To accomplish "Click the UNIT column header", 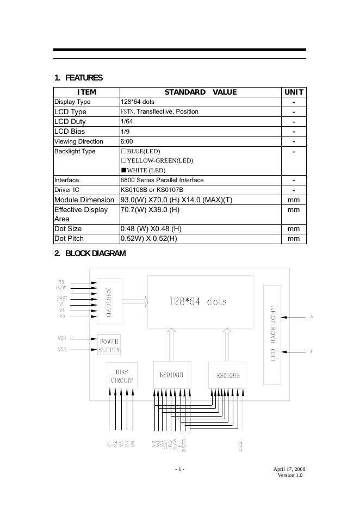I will pyautogui.click(x=294, y=92).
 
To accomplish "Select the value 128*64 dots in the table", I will pyautogui.click(x=137, y=102).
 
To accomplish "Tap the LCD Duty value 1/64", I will pyautogui.click(x=127, y=121).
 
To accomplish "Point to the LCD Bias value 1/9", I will pyautogui.click(x=125, y=132).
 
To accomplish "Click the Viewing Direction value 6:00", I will pyautogui.click(x=127, y=141).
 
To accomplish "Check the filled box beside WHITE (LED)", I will pyautogui.click(x=123, y=170).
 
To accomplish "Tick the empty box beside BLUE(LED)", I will pyautogui.click(x=123, y=151).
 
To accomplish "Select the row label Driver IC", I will pyautogui.click(x=67, y=190).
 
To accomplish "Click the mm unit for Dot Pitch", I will pyautogui.click(x=294, y=239).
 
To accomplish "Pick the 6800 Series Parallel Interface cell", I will pyautogui.click(x=162, y=180).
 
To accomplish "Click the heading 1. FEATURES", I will pyautogui.click(x=78, y=78).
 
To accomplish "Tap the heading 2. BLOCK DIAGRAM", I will pyautogui.click(x=90, y=253).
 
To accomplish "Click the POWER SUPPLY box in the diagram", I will pyautogui.click(x=109, y=346).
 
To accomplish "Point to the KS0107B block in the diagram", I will pyautogui.click(x=109, y=302).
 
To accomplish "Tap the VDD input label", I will pyautogui.click(x=62, y=338).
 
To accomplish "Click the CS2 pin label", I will pyautogui.click(x=240, y=445).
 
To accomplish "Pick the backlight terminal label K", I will pyautogui.click(x=312, y=352).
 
